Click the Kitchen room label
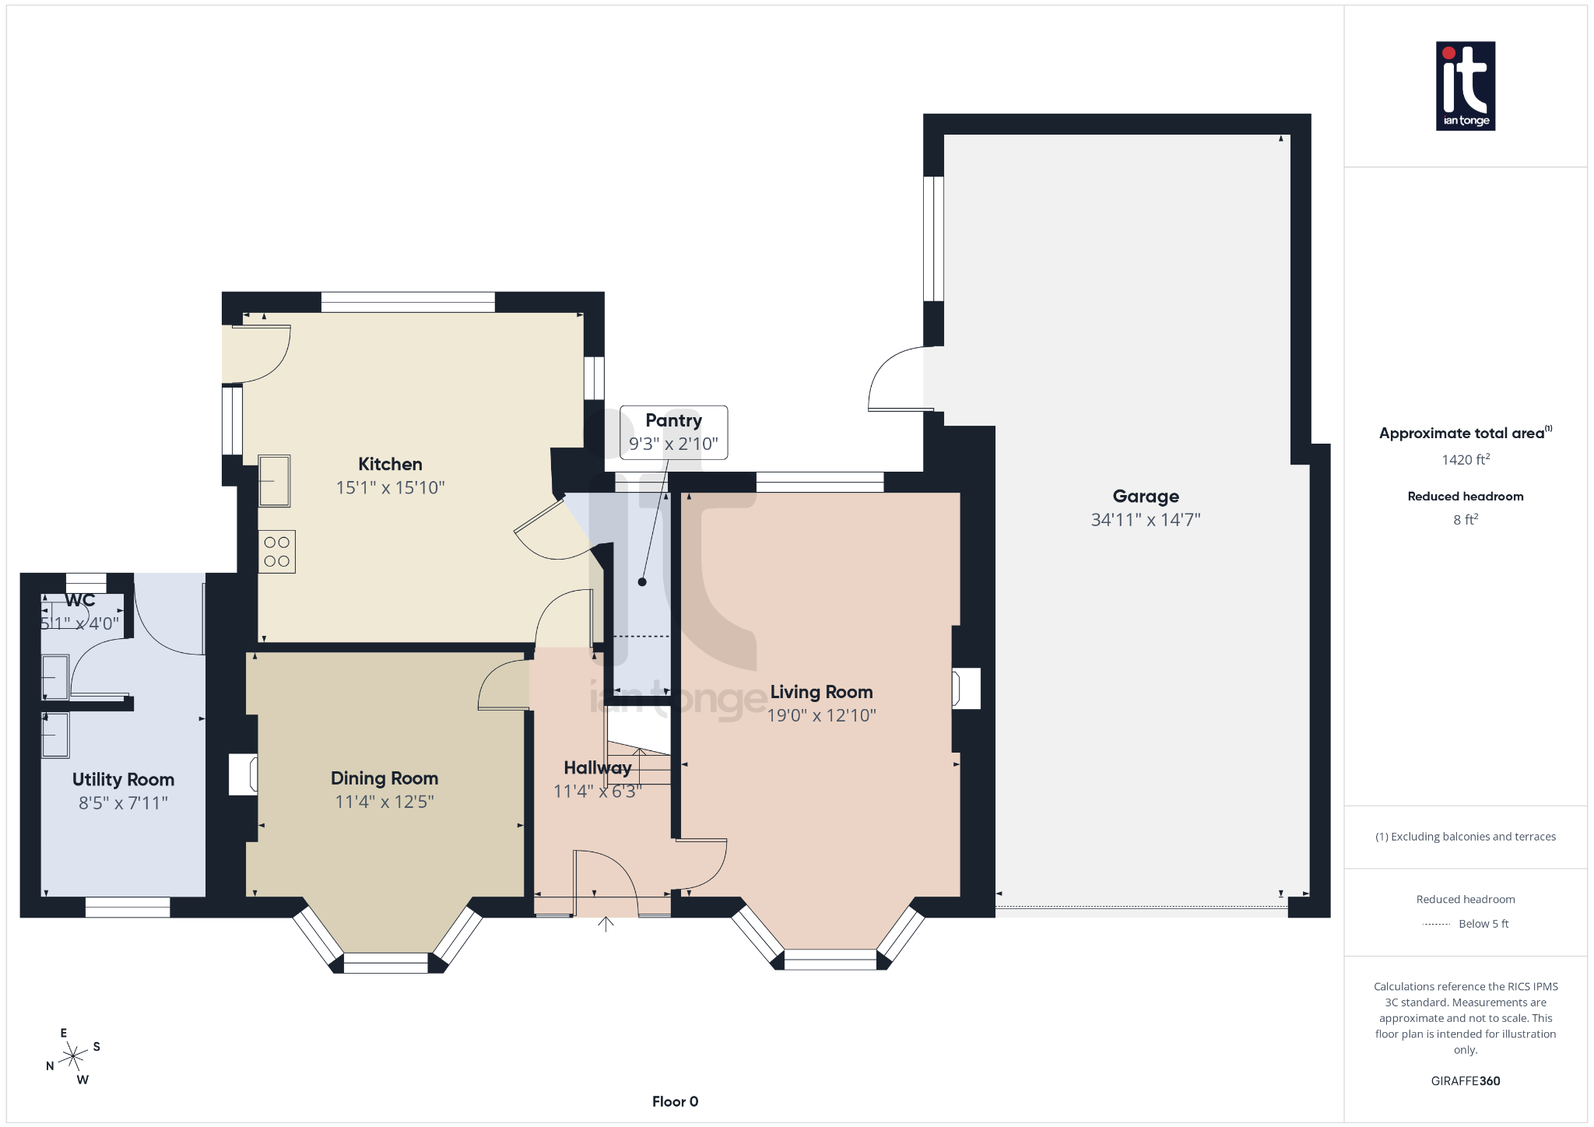(390, 464)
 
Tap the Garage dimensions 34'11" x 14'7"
(1145, 520)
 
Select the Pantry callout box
(673, 432)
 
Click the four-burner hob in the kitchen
(276, 552)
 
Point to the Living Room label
(821, 692)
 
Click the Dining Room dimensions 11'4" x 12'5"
(384, 802)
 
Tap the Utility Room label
(123, 779)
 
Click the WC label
(79, 600)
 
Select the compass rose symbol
(73, 1056)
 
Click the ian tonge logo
(1465, 86)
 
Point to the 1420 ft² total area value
(1465, 460)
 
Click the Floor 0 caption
(675, 1101)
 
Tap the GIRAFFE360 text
(1465, 1081)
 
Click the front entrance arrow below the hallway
(606, 924)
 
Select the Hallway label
(597, 767)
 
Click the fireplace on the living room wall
(966, 688)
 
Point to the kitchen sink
(274, 481)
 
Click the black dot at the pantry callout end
(642, 582)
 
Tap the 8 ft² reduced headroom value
(1465, 520)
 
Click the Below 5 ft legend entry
(1483, 924)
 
